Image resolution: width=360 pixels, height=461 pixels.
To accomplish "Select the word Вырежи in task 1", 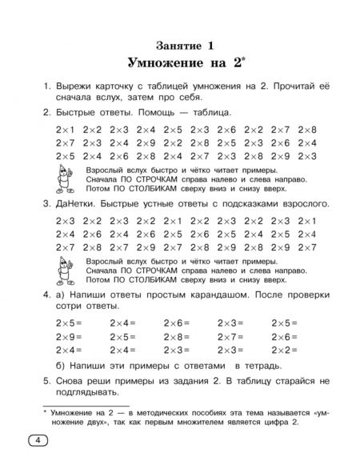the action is point(74,85).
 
